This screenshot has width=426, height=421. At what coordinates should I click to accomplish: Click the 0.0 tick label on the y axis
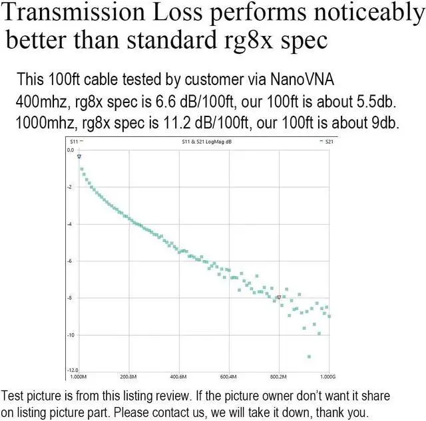(x=71, y=150)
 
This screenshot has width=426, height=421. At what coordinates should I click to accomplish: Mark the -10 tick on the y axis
(x=69, y=335)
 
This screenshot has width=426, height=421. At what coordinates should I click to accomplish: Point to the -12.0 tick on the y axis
(x=70, y=370)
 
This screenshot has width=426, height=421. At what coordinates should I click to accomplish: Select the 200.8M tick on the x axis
(x=129, y=376)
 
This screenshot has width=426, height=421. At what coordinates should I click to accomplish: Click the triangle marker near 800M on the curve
(x=279, y=297)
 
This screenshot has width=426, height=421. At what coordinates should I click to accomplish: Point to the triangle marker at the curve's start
(x=79, y=156)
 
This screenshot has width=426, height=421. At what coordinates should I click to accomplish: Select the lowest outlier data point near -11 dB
(x=309, y=356)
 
